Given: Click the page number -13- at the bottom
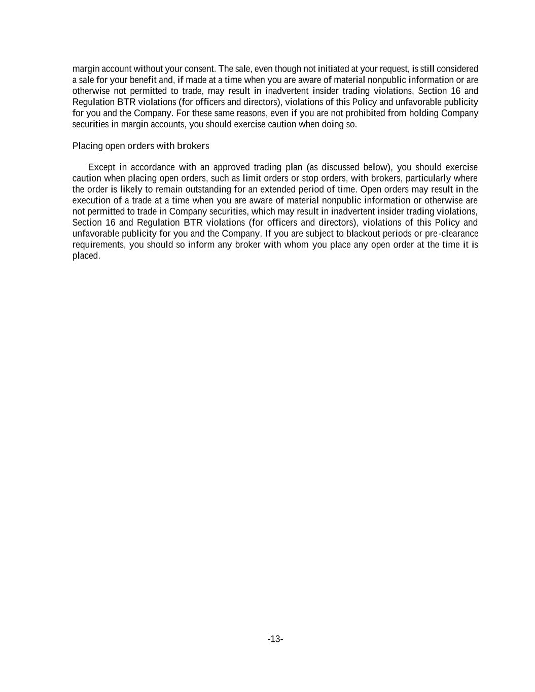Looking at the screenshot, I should pos(275,639).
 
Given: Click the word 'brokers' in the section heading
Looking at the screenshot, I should pos(193,146).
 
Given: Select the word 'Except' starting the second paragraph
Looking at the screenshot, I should pos(101,167).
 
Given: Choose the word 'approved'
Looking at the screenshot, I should pos(230,167).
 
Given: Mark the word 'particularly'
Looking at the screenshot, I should pos(428,178).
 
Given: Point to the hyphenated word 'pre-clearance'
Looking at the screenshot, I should pos(452,234).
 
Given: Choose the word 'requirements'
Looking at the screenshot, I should pos(98,245).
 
